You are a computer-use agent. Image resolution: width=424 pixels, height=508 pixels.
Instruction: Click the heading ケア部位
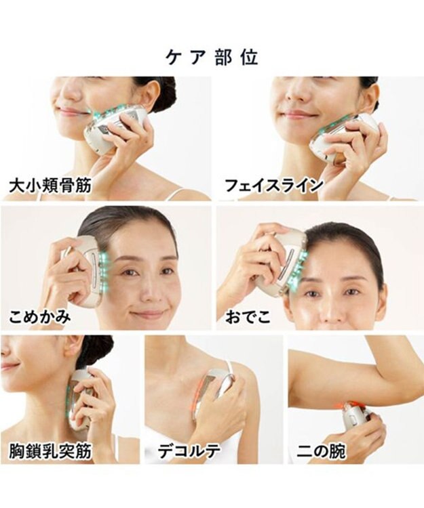[x=212, y=58]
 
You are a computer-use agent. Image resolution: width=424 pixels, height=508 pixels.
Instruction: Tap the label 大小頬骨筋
[x=50, y=186]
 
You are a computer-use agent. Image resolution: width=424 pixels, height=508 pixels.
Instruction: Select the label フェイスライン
[x=274, y=186]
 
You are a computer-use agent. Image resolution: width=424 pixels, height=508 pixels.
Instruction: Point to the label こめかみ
[x=39, y=316]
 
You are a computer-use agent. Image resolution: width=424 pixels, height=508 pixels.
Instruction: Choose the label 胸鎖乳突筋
[x=50, y=451]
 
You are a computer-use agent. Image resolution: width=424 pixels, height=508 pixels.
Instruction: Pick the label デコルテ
[x=189, y=451]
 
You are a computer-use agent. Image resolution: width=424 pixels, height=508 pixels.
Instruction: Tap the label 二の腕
[x=321, y=451]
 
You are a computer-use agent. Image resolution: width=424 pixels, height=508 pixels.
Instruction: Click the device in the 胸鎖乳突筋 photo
[x=81, y=402]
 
